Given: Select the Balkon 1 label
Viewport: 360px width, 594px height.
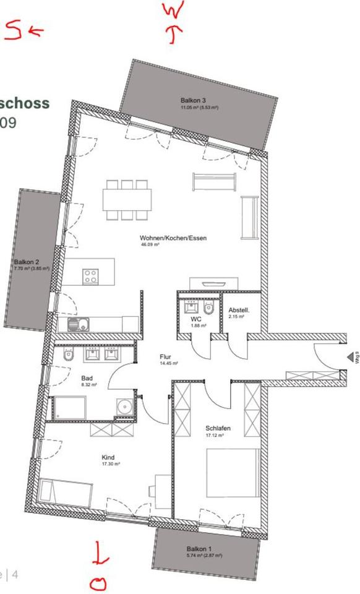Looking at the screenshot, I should [199, 549].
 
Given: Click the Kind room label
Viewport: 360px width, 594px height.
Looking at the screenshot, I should [108, 458].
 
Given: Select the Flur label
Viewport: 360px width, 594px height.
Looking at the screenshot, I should [165, 357].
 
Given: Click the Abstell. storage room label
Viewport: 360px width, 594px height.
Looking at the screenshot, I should [239, 310].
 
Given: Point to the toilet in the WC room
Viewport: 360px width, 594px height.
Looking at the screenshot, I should [208, 307].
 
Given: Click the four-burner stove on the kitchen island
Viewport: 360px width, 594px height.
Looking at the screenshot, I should [90, 276].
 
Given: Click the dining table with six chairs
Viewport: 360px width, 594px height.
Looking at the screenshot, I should [127, 200].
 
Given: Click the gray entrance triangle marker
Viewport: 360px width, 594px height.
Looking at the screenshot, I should [351, 357].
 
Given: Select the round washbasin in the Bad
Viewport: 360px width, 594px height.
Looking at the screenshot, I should [126, 407].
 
